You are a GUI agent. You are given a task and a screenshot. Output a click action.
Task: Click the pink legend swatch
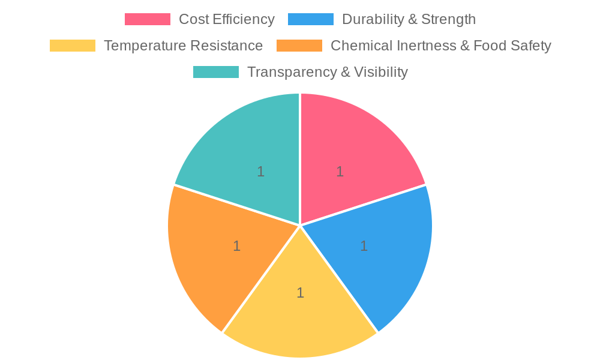(x=147, y=19)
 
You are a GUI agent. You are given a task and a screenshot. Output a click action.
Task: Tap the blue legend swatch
(x=310, y=19)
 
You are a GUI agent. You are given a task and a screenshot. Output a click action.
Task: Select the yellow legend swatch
(x=72, y=46)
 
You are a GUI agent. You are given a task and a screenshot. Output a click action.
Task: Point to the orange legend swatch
(x=299, y=46)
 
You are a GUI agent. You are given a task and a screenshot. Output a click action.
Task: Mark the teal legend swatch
(x=216, y=72)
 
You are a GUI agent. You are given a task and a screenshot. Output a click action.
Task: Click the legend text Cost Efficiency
(x=227, y=19)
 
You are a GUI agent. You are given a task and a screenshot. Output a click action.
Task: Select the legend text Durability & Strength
(x=409, y=19)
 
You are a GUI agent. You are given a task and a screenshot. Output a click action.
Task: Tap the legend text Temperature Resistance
(x=183, y=46)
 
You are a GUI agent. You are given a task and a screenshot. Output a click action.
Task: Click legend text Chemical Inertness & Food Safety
(x=440, y=46)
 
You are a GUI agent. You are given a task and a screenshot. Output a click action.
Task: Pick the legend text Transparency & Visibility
(x=328, y=72)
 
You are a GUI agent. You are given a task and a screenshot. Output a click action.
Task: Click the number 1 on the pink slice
(x=340, y=172)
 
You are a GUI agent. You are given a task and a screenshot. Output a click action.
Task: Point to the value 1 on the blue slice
(x=364, y=246)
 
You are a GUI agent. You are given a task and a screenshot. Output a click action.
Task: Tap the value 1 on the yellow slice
(x=300, y=293)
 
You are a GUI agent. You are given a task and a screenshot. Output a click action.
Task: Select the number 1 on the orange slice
(x=236, y=246)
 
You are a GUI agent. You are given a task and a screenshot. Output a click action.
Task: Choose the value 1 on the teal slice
(x=260, y=172)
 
